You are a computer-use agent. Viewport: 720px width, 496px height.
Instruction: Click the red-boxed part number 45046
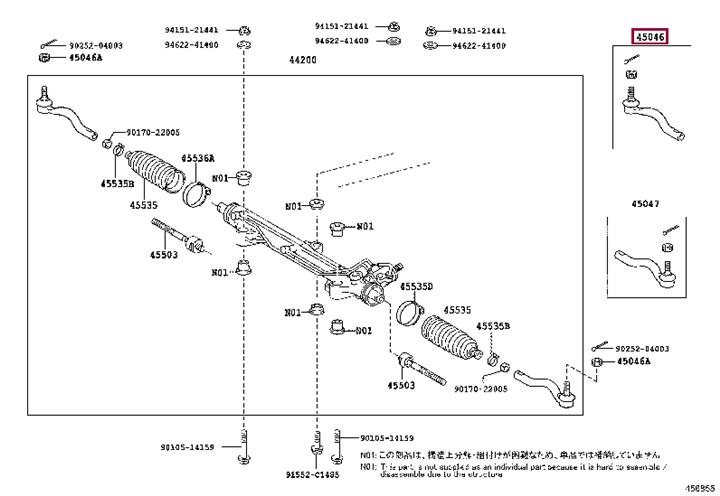point(649,37)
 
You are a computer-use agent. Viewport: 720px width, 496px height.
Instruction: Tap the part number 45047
point(645,204)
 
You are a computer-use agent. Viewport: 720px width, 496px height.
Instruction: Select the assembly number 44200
point(303,60)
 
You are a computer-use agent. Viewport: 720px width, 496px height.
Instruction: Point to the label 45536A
point(198,158)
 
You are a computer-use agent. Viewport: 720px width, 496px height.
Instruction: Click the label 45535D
point(416,287)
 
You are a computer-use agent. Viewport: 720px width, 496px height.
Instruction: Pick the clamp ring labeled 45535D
point(411,313)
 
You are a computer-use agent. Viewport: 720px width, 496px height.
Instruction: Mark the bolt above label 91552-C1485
point(317,449)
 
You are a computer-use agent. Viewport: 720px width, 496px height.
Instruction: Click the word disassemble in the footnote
point(404,475)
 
